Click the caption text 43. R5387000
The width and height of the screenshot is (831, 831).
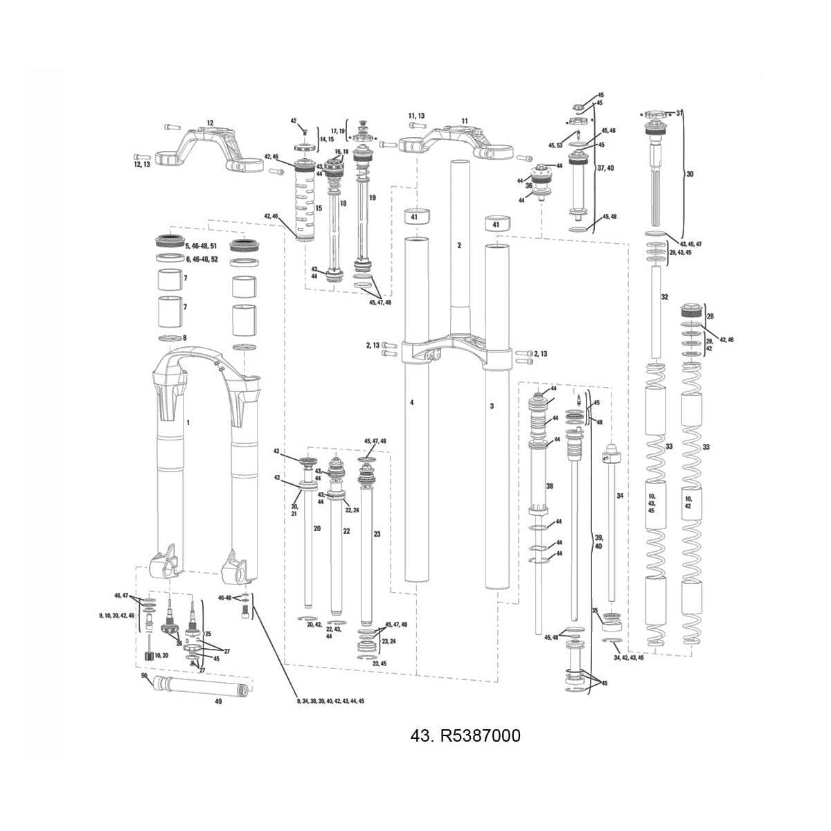465,735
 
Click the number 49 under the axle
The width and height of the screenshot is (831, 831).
218,701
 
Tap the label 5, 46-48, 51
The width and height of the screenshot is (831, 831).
202,246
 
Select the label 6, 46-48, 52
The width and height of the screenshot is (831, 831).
202,259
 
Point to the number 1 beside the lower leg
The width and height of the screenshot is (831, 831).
188,422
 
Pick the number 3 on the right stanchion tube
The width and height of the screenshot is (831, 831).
492,406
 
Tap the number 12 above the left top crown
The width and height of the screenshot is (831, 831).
210,123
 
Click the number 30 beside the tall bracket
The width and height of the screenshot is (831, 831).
690,175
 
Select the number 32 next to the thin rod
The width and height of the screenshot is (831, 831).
664,296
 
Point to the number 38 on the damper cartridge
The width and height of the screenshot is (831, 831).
549,486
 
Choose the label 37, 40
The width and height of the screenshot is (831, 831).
605,168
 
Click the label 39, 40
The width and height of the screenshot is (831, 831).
599,542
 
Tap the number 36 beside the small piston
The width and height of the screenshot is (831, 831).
528,186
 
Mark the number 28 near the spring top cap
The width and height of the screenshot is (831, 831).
710,316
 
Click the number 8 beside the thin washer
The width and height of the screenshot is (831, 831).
184,338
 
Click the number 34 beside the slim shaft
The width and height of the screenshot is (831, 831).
620,496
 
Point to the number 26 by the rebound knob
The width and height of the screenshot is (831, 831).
179,643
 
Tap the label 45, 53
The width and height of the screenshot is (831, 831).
555,145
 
